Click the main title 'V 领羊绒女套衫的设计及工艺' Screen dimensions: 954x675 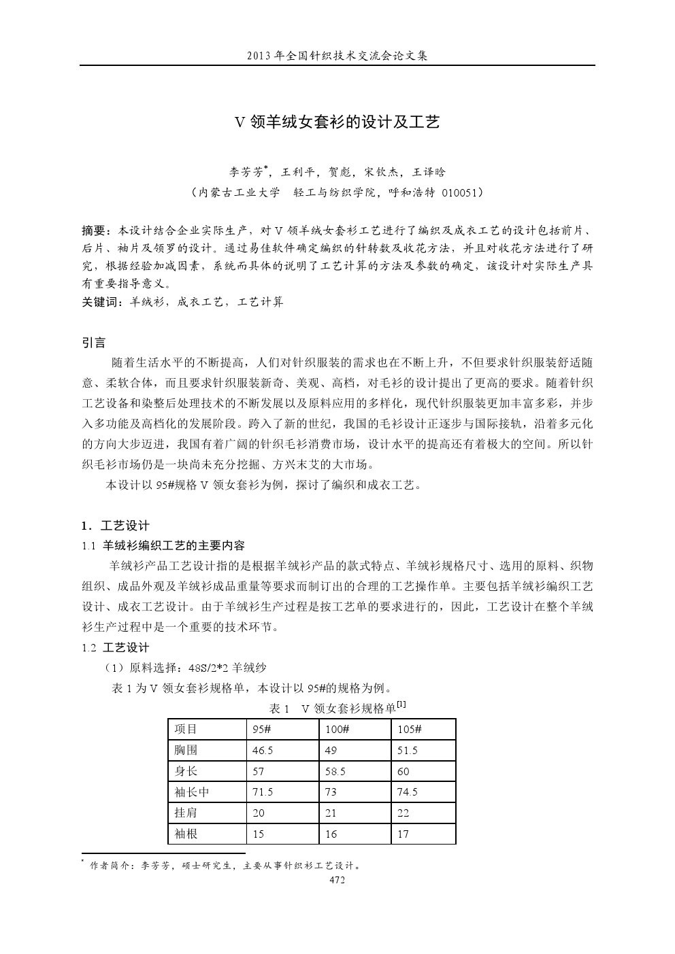point(337,122)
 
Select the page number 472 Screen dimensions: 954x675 point(337,880)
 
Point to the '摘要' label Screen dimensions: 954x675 point(94,229)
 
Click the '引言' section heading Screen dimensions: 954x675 point(93,343)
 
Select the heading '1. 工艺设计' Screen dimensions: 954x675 point(115,526)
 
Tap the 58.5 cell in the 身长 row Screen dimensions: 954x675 point(335,772)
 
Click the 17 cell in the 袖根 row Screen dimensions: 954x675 point(403,834)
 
